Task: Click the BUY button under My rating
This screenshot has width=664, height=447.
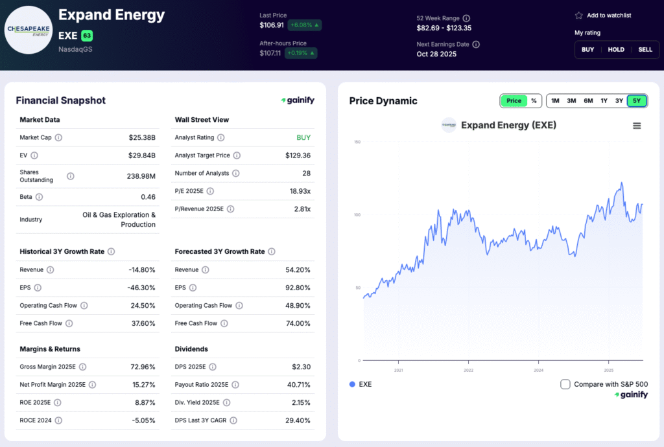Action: (587, 49)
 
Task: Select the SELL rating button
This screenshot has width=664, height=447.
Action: (645, 49)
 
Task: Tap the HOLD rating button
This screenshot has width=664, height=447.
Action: (616, 49)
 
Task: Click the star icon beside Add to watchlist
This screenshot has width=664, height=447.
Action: (578, 16)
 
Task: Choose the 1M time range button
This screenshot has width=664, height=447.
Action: (555, 100)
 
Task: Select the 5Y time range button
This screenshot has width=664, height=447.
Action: (637, 100)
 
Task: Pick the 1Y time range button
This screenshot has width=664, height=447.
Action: (604, 100)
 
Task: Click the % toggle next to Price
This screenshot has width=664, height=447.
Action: (534, 100)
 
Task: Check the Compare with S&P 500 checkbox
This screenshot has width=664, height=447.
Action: (565, 384)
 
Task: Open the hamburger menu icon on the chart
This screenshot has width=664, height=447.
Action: (637, 126)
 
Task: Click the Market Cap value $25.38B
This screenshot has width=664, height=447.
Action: (142, 137)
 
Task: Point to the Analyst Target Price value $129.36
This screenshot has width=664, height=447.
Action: (298, 155)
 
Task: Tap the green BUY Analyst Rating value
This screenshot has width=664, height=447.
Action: (303, 137)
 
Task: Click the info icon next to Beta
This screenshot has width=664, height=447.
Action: (39, 197)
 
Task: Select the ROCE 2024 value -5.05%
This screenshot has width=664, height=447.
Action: (143, 420)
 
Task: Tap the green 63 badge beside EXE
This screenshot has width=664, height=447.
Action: (87, 36)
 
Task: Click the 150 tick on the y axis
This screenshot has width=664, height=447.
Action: (357, 142)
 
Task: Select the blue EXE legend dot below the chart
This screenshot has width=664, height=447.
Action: (352, 384)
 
